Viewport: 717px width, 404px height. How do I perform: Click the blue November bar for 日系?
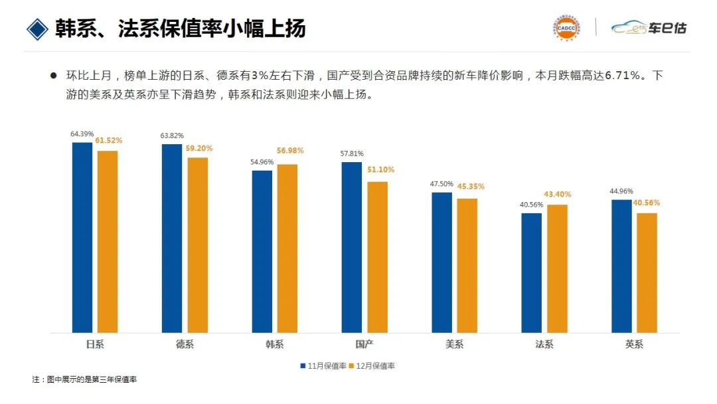(x=82, y=237)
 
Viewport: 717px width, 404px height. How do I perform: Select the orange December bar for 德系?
(x=197, y=245)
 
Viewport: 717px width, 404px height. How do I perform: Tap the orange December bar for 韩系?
(x=287, y=248)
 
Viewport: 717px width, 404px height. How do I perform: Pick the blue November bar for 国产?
(x=352, y=247)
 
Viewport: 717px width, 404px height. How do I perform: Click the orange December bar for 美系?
(x=467, y=265)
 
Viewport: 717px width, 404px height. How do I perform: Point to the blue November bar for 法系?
(x=532, y=272)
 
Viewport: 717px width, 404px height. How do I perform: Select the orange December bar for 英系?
(x=647, y=272)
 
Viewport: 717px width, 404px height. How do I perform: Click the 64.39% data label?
(x=82, y=134)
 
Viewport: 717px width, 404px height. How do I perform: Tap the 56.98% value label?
(x=290, y=151)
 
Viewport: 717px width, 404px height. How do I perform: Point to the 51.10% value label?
(x=380, y=169)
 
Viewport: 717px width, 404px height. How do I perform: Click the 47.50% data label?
(x=441, y=184)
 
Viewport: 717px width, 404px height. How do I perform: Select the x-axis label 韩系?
(x=274, y=344)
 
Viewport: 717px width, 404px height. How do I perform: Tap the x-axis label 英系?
(x=634, y=344)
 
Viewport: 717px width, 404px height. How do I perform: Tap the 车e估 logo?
(x=649, y=28)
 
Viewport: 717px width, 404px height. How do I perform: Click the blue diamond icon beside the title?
(x=39, y=29)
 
